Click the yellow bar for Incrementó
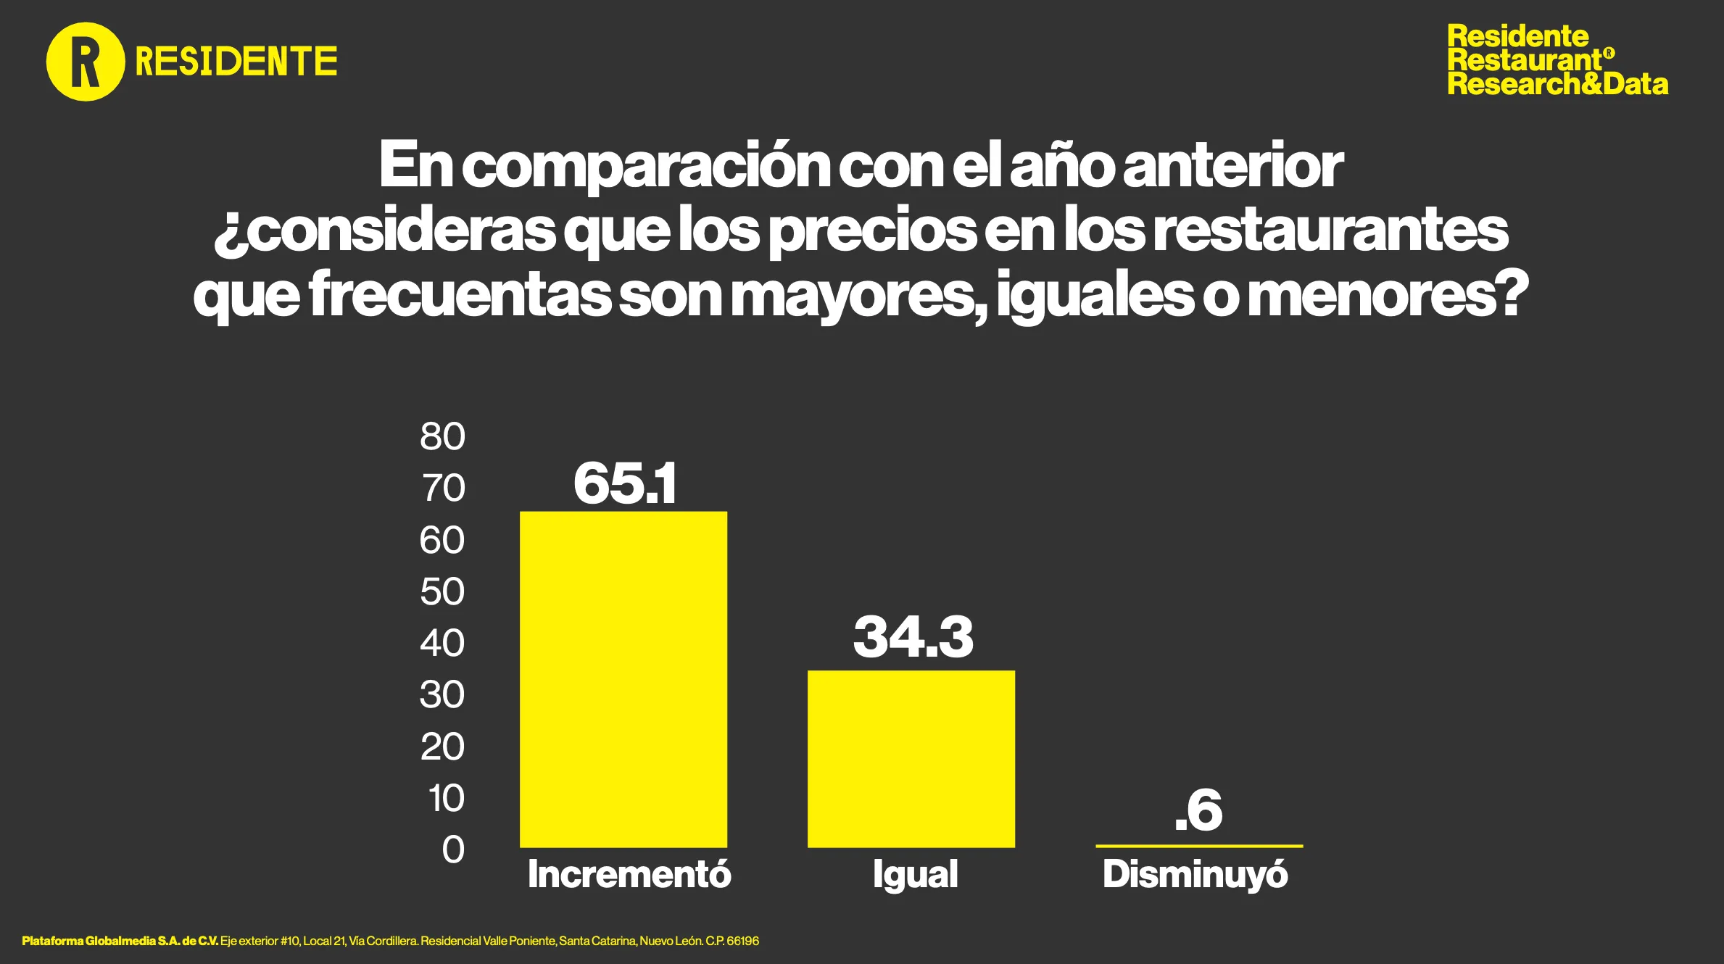[623, 679]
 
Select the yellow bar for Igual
[911, 758]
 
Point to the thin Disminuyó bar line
[1199, 845]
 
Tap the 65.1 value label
[625, 483]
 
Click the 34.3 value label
[913, 637]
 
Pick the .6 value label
[1198, 810]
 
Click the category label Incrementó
[629, 874]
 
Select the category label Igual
[915, 874]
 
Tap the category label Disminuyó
[1195, 874]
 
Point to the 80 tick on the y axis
[442, 436]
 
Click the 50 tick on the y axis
[442, 591]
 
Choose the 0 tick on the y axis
[453, 849]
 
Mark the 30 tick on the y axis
[442, 694]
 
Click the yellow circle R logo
[86, 62]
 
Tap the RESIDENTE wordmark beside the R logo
[236, 62]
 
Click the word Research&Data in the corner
[1557, 84]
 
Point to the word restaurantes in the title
[1330, 230]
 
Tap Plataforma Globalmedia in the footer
[88, 941]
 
